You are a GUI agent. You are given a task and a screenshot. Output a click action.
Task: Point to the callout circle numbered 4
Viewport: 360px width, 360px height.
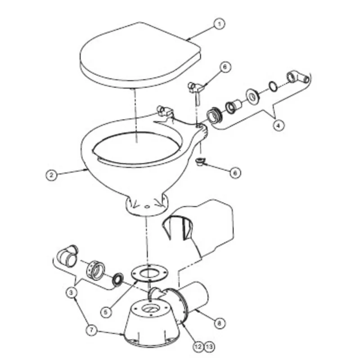279,126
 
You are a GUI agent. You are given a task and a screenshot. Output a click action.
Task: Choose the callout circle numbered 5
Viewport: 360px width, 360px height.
106,310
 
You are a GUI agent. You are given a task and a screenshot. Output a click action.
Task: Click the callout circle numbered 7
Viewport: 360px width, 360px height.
91,330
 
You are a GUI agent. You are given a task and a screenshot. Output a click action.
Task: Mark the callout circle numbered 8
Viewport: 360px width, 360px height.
218,323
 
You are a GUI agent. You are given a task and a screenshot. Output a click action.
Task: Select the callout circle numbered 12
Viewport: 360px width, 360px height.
198,346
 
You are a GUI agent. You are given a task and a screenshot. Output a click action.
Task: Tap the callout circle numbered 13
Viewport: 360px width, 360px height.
209,346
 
